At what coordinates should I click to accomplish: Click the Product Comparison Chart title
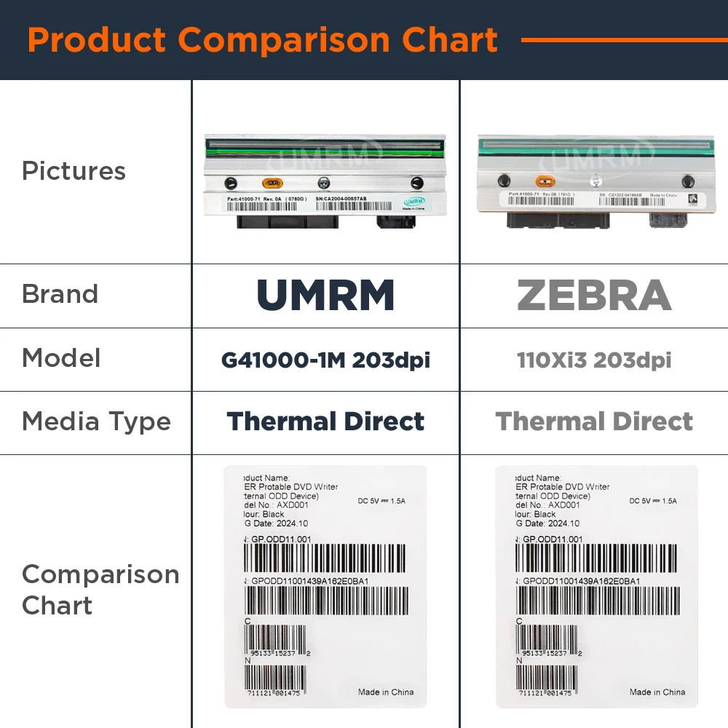[262, 40]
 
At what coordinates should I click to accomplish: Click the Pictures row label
[74, 171]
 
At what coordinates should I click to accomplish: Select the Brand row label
[60, 294]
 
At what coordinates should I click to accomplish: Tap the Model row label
[61, 358]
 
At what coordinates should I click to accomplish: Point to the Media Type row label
[96, 422]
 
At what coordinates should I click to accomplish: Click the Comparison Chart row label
[100, 590]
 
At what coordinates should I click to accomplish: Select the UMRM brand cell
[325, 295]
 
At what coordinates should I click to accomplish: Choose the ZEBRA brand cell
[594, 295]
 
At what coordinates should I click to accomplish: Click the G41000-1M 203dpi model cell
[325, 360]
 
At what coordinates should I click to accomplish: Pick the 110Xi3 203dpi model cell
[594, 360]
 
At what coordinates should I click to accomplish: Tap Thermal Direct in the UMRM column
[325, 422]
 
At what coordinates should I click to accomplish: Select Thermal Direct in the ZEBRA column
[594, 422]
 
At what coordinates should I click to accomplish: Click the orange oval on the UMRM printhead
[272, 183]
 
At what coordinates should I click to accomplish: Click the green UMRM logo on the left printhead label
[414, 200]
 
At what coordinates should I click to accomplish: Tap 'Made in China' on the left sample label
[386, 692]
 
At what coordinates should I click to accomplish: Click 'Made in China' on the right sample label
[657, 692]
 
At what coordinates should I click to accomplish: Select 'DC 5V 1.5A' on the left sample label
[381, 501]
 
